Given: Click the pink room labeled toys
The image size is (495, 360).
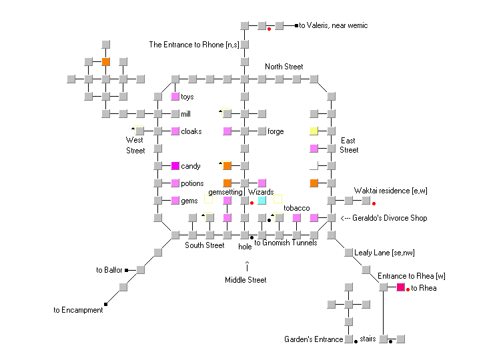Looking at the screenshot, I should click(175, 97).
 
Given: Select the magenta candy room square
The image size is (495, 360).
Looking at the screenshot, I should click(175, 166).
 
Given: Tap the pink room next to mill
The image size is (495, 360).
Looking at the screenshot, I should click(175, 114).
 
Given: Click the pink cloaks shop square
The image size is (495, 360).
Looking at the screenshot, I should click(175, 131).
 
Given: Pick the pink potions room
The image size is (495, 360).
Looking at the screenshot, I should click(175, 183).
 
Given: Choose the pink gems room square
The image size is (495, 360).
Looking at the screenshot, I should click(175, 201).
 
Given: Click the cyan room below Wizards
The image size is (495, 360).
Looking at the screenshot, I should click(262, 200).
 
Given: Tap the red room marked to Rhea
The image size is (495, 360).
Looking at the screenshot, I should click(401, 287).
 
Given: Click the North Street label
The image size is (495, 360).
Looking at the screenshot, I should click(284, 67).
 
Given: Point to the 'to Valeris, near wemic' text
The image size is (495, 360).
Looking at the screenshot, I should click(333, 26).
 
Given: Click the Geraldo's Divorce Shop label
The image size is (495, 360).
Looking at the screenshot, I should click(383, 218).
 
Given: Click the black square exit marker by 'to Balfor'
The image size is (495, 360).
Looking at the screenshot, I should click(126, 270).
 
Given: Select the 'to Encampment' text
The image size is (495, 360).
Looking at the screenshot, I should click(78, 310).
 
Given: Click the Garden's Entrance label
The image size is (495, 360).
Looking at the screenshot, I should click(313, 339).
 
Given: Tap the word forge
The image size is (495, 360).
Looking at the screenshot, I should click(276, 131).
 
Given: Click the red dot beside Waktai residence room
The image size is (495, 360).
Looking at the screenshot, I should click(374, 203).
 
